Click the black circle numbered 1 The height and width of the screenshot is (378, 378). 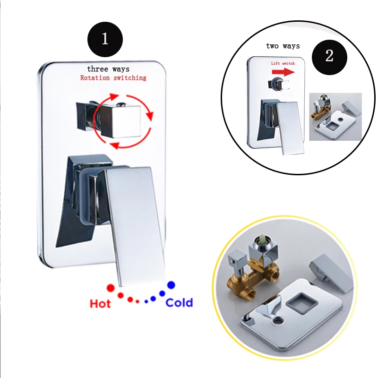105,39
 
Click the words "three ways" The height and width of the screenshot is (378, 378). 108,69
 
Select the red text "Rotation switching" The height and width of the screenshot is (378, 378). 113,77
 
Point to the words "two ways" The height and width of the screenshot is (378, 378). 283,46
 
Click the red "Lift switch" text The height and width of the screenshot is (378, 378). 283,63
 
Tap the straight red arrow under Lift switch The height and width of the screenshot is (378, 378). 283,72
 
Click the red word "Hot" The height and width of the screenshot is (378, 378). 100,303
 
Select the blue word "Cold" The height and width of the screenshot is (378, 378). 179,302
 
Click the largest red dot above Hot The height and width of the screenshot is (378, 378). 111,288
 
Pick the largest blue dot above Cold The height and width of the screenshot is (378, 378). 171,285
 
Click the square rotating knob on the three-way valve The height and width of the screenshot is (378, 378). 120,121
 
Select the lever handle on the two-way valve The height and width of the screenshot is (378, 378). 290,128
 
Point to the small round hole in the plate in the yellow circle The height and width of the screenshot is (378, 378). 278,321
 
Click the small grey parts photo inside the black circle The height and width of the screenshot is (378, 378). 335,117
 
